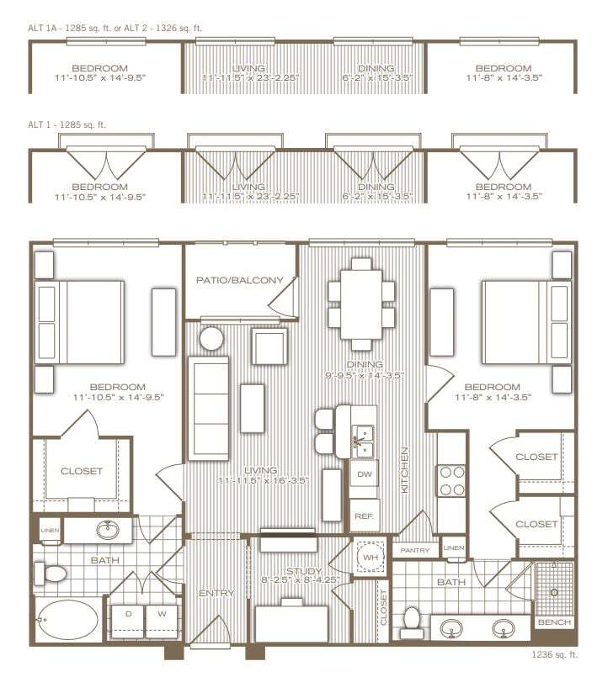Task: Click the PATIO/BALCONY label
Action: (x=240, y=280)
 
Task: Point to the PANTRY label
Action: (x=415, y=551)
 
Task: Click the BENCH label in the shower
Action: (x=554, y=623)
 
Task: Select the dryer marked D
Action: (x=128, y=613)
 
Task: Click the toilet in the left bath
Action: (x=50, y=575)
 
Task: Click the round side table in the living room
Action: (x=211, y=339)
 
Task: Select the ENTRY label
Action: (x=216, y=594)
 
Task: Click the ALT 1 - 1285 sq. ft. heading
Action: (x=67, y=124)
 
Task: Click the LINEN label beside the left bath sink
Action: (x=50, y=529)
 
